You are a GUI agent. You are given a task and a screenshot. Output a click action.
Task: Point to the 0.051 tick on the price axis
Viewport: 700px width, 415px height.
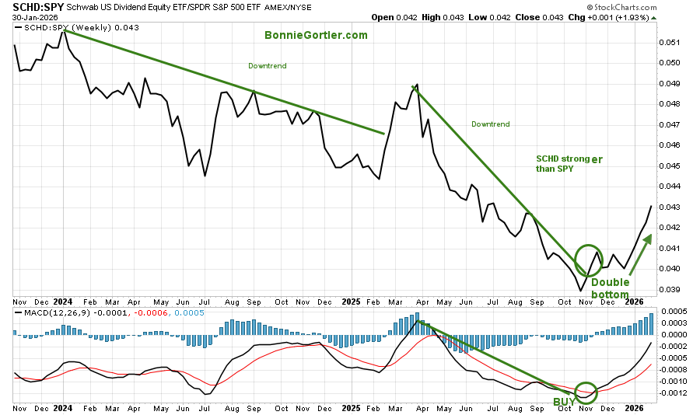pyautogui.click(x=670, y=42)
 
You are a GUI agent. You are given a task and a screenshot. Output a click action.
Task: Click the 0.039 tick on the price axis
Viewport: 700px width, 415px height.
pyautogui.click(x=670, y=289)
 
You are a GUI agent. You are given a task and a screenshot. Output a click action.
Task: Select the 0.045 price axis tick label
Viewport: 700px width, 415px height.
pyautogui.click(x=670, y=166)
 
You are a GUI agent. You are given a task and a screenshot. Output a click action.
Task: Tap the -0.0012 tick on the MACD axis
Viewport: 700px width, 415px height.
pyautogui.click(x=674, y=392)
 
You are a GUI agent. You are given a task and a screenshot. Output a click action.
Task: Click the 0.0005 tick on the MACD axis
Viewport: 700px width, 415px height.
pyautogui.click(x=674, y=311)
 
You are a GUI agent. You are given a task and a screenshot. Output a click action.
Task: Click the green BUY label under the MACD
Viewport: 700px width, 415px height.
pyautogui.click(x=565, y=402)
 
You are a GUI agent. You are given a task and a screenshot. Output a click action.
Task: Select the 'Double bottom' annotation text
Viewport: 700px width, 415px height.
pyautogui.click(x=611, y=288)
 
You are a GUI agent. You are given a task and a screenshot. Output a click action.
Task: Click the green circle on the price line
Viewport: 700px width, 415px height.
pyautogui.click(x=589, y=257)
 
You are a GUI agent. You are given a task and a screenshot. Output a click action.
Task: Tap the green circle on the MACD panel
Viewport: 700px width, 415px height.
pyautogui.click(x=586, y=392)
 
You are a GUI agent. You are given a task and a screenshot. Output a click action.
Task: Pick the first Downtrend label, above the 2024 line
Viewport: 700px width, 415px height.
pyautogui.click(x=267, y=66)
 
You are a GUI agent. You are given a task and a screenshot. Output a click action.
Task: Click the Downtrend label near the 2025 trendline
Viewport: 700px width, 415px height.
pyautogui.click(x=491, y=124)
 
